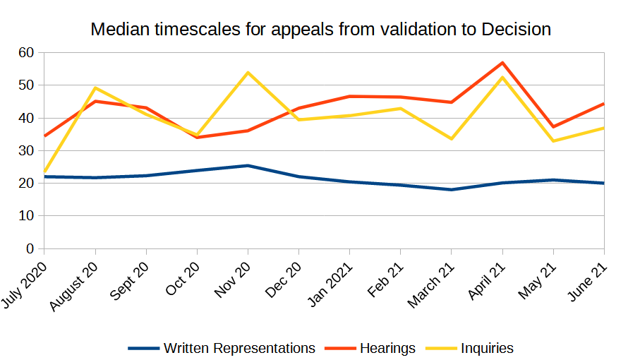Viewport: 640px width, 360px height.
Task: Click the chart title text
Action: (320, 30)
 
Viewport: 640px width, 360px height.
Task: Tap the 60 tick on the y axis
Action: (27, 52)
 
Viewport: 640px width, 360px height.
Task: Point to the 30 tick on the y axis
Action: (27, 150)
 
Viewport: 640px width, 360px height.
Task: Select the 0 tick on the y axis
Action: (30, 248)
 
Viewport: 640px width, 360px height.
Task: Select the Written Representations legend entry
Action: (222, 348)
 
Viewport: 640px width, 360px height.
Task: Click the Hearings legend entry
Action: (370, 348)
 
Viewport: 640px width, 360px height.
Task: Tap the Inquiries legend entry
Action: (469, 348)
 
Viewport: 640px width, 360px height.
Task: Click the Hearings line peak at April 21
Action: (502, 63)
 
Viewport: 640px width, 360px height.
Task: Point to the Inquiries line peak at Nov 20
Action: (248, 73)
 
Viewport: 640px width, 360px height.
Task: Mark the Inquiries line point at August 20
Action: (95, 88)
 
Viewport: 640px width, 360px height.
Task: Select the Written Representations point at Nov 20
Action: (248, 166)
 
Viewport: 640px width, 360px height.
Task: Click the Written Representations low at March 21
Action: (452, 190)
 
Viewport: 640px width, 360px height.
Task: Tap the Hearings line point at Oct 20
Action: (197, 138)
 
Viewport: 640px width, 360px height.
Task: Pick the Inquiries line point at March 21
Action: (452, 139)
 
